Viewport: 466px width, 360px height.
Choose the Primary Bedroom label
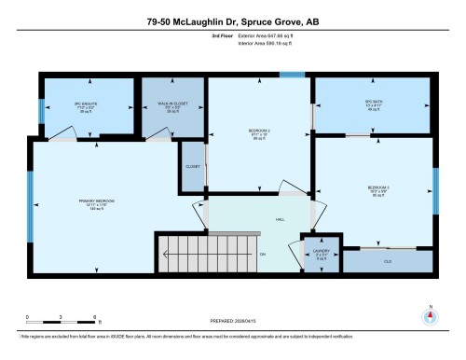[95, 204]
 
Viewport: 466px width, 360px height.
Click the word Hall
[280, 220]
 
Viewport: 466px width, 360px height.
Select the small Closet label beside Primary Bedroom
[193, 166]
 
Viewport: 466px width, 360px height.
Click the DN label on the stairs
[263, 254]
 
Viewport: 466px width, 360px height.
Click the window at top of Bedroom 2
[292, 76]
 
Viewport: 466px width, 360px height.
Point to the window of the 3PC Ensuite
[41, 110]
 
